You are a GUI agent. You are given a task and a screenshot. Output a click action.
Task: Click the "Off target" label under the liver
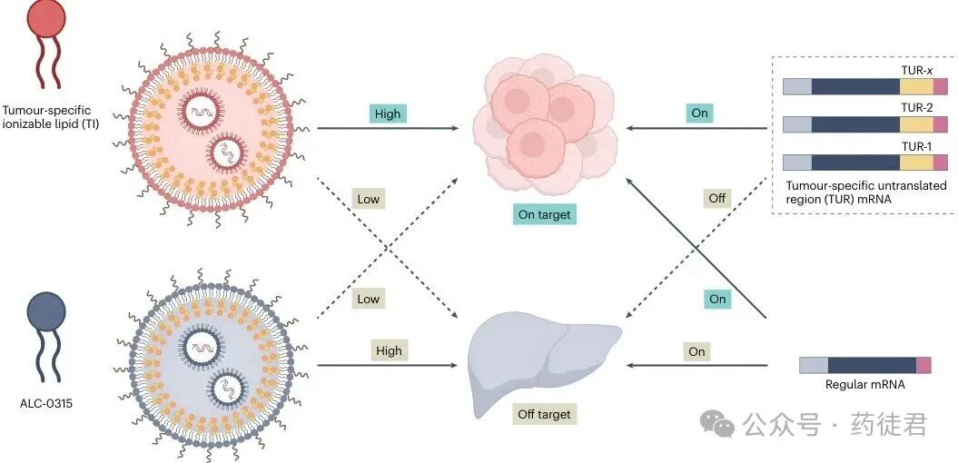(545, 414)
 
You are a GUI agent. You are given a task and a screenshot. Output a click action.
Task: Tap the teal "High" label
(388, 113)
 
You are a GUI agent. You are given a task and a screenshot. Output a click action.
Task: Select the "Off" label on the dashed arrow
(717, 198)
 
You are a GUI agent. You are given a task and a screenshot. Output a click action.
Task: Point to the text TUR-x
(916, 69)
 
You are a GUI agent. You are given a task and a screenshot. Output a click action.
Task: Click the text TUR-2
(916, 107)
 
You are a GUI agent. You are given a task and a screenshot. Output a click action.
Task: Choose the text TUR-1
(916, 145)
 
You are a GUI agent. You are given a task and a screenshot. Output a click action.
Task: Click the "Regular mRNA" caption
(864, 384)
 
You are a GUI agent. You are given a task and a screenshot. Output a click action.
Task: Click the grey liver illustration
(543, 359)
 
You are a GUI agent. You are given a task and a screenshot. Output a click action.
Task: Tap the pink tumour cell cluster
(543, 123)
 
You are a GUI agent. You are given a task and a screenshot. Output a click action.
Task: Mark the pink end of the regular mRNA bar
(923, 365)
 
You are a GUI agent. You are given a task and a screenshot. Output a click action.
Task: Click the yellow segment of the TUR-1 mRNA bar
(916, 163)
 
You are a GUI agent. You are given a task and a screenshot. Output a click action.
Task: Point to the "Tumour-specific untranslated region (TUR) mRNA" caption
(865, 192)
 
